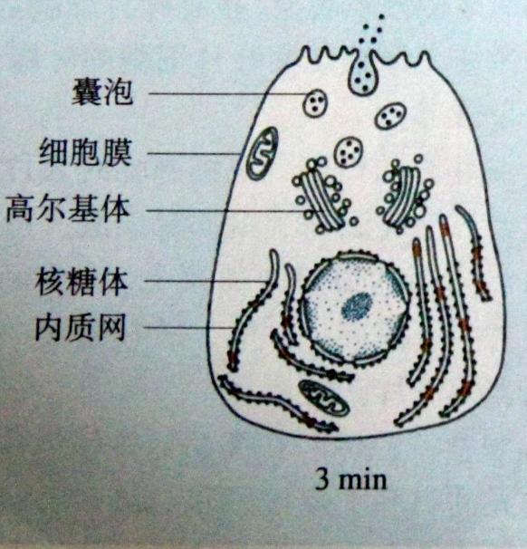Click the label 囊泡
point(102,91)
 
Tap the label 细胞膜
point(85,153)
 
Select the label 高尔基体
point(68,209)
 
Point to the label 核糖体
point(81,283)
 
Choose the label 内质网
point(80,328)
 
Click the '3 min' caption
point(351,479)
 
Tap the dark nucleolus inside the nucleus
point(357,306)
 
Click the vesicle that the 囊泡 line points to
point(316,102)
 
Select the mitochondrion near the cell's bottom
point(323,398)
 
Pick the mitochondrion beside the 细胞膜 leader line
point(263,154)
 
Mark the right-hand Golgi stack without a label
point(404,195)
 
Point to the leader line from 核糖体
point(207,281)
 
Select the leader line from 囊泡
point(227,94)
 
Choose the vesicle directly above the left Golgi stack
point(349,152)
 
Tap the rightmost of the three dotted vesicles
point(391,116)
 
